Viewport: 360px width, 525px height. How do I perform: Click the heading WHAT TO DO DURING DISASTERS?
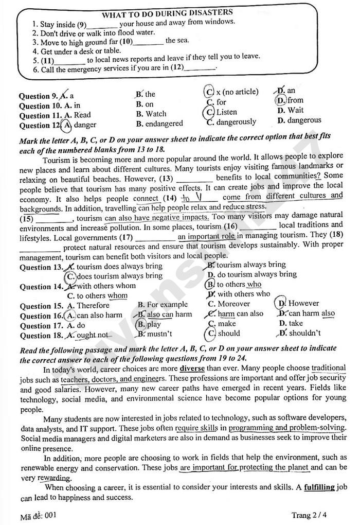(x=167, y=13)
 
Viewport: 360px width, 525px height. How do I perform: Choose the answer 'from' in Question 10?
(x=295, y=100)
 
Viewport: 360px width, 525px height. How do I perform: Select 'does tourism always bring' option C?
(x=118, y=276)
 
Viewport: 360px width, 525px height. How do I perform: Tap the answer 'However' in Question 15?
(x=303, y=303)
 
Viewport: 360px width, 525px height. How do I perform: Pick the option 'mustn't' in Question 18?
(x=159, y=334)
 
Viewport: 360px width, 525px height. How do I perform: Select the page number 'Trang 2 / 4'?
(x=309, y=515)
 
